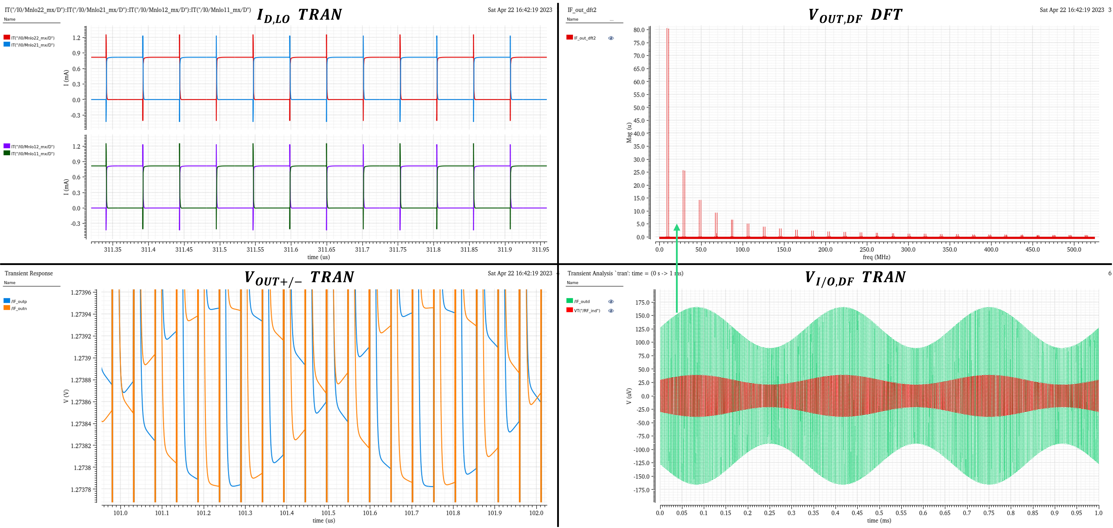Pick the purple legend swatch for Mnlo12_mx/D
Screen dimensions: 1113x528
[x=7, y=146]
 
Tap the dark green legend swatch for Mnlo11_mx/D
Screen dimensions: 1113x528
[x=7, y=153]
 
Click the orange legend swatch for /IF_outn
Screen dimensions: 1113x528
[x=7, y=308]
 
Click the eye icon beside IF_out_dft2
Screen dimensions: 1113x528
[x=611, y=38]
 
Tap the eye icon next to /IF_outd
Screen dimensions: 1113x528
[x=611, y=302]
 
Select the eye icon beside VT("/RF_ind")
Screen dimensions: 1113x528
[x=611, y=311]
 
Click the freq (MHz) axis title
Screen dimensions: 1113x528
[x=876, y=257]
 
